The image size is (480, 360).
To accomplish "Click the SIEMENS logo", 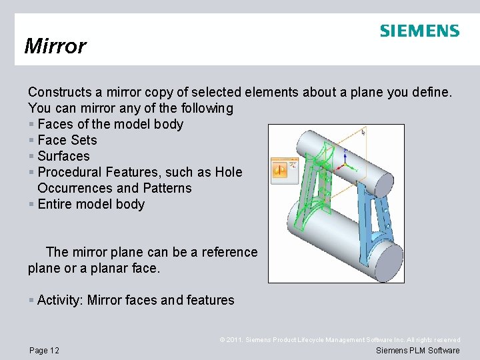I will coord(419,31).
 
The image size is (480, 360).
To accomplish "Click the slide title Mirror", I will coord(55,46).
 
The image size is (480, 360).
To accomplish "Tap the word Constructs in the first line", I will coord(58,92).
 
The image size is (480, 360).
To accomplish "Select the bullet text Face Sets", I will coord(67,140).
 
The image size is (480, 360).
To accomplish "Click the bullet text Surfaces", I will coord(63,156).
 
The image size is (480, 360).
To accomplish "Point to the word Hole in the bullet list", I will coord(229,172).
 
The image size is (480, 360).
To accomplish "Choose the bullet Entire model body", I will coord(91,204).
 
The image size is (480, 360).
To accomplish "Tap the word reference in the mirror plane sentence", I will coord(226,252).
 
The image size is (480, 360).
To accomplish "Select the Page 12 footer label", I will coord(44,350).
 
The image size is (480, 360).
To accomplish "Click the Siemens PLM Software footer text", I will coord(418,350).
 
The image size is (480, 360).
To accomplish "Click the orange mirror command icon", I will coord(280,169).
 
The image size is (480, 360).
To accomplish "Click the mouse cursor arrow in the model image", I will coord(363,133).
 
